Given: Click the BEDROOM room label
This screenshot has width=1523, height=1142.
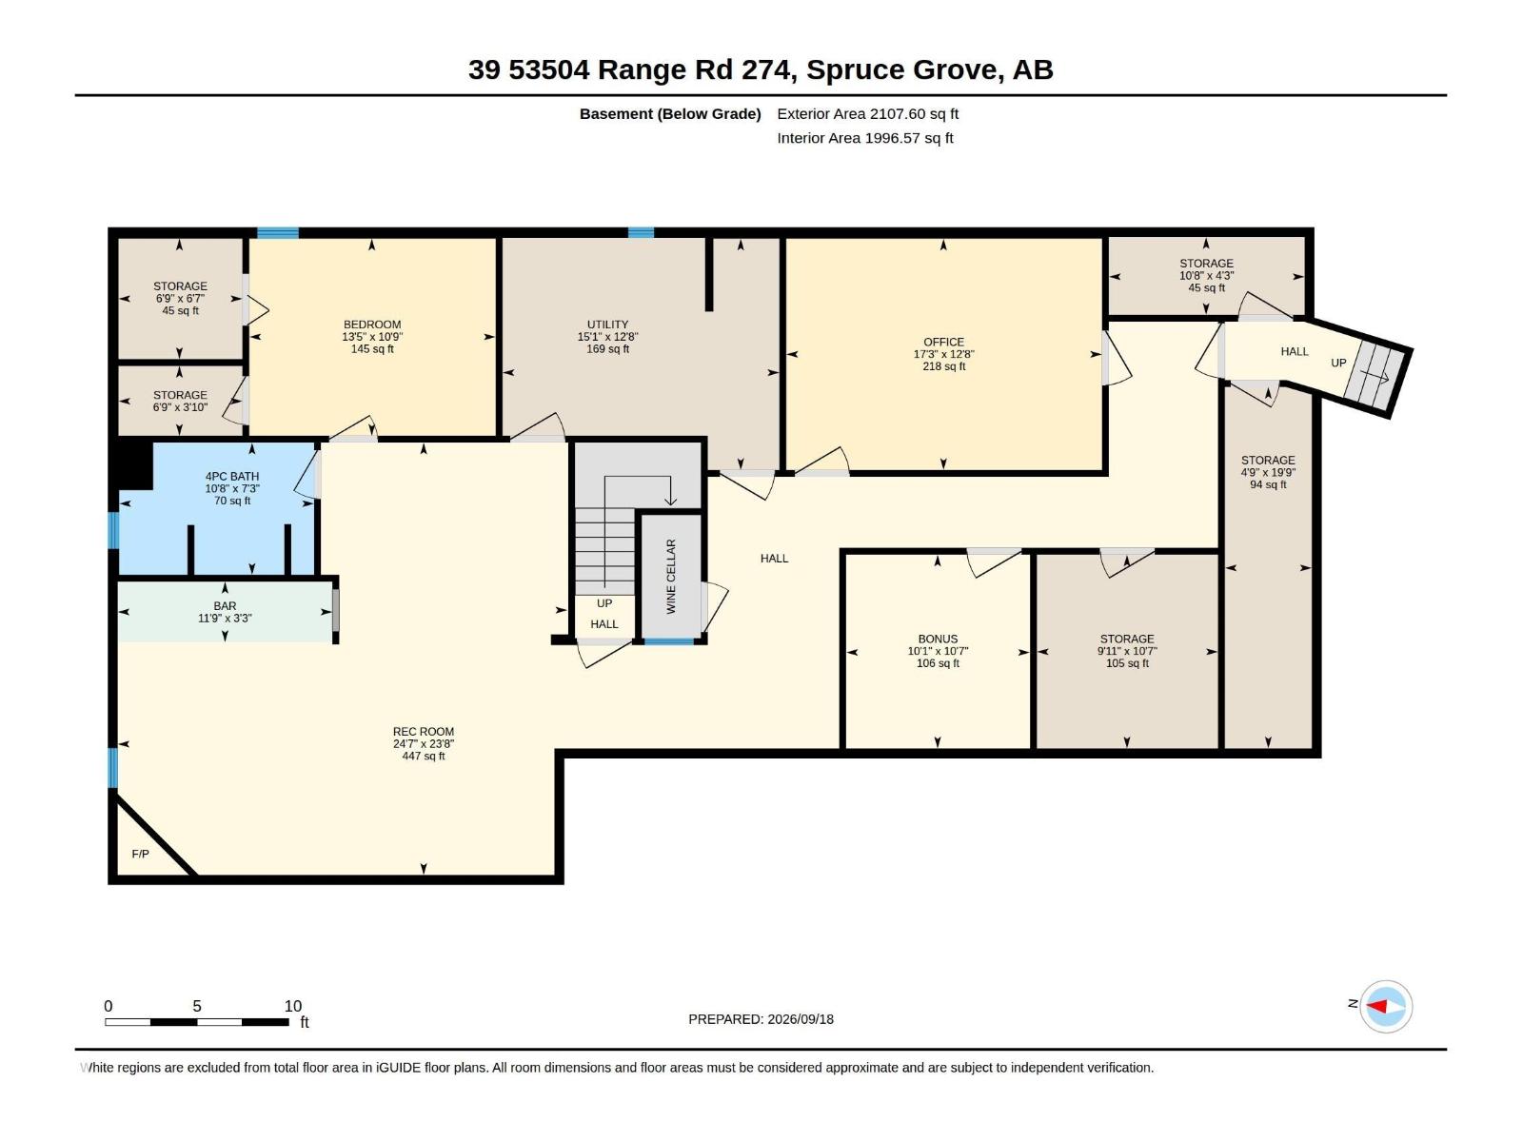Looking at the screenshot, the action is (x=372, y=325).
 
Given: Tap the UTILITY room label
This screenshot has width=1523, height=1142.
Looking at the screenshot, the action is (x=608, y=325).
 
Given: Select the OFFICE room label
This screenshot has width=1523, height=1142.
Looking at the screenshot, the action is (x=943, y=342).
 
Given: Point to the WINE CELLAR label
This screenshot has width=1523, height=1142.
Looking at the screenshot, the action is (x=671, y=576).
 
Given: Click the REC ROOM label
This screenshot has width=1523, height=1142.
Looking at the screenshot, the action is (x=424, y=732).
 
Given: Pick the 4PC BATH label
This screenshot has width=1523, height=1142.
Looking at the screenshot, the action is (x=231, y=477).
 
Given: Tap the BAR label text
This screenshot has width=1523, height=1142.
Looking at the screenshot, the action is (x=225, y=606).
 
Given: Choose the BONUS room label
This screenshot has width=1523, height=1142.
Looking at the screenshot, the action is (x=939, y=639).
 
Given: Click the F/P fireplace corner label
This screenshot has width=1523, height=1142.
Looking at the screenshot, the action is (x=140, y=854).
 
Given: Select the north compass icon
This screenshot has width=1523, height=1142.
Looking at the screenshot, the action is (x=1386, y=1006).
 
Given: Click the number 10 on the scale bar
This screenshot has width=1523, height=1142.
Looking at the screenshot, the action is (x=293, y=1005).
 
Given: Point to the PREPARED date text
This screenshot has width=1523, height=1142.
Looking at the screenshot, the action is (x=761, y=1019).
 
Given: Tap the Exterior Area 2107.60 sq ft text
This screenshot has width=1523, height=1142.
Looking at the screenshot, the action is (x=867, y=113).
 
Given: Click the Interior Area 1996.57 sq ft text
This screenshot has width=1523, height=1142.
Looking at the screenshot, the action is (x=864, y=138).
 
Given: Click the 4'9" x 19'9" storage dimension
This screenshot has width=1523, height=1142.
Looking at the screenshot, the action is (x=1268, y=472).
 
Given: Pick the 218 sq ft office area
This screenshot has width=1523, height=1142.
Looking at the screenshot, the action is (x=943, y=366).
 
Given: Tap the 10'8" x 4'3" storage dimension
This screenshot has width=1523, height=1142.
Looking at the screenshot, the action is (x=1207, y=275).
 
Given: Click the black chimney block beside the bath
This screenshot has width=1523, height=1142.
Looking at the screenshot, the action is (x=134, y=464).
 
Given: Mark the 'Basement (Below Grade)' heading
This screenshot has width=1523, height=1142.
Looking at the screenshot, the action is (x=670, y=113).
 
